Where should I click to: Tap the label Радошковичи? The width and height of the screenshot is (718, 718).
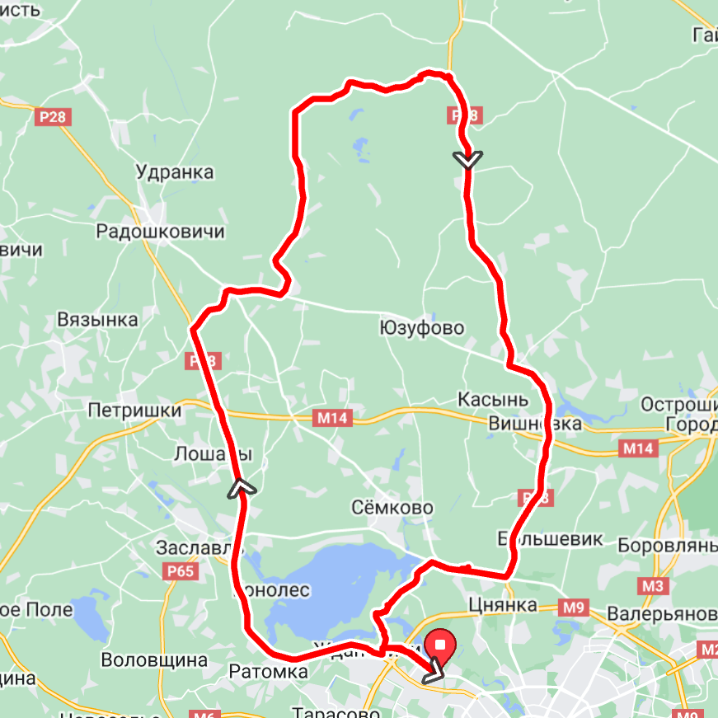[160, 231]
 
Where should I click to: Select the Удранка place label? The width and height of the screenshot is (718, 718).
[175, 172]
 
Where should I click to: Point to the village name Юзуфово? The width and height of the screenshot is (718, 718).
[421, 328]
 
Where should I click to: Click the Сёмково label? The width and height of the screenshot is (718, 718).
[392, 507]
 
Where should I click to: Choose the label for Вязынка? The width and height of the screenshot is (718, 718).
[97, 320]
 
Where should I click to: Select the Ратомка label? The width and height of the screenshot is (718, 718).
[268, 672]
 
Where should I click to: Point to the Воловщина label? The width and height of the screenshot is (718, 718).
[154, 660]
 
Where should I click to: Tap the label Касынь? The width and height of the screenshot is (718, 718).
[493, 399]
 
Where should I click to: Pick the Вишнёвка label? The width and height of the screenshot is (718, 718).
[535, 424]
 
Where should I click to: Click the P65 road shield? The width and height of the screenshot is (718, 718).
[180, 571]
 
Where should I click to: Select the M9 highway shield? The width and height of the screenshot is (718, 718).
[574, 608]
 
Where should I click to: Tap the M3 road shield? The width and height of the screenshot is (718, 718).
[652, 585]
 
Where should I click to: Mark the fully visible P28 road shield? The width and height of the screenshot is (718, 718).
[54, 117]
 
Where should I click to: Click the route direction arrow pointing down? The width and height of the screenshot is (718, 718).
[467, 159]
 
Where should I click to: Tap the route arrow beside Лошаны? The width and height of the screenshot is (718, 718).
[241, 488]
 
